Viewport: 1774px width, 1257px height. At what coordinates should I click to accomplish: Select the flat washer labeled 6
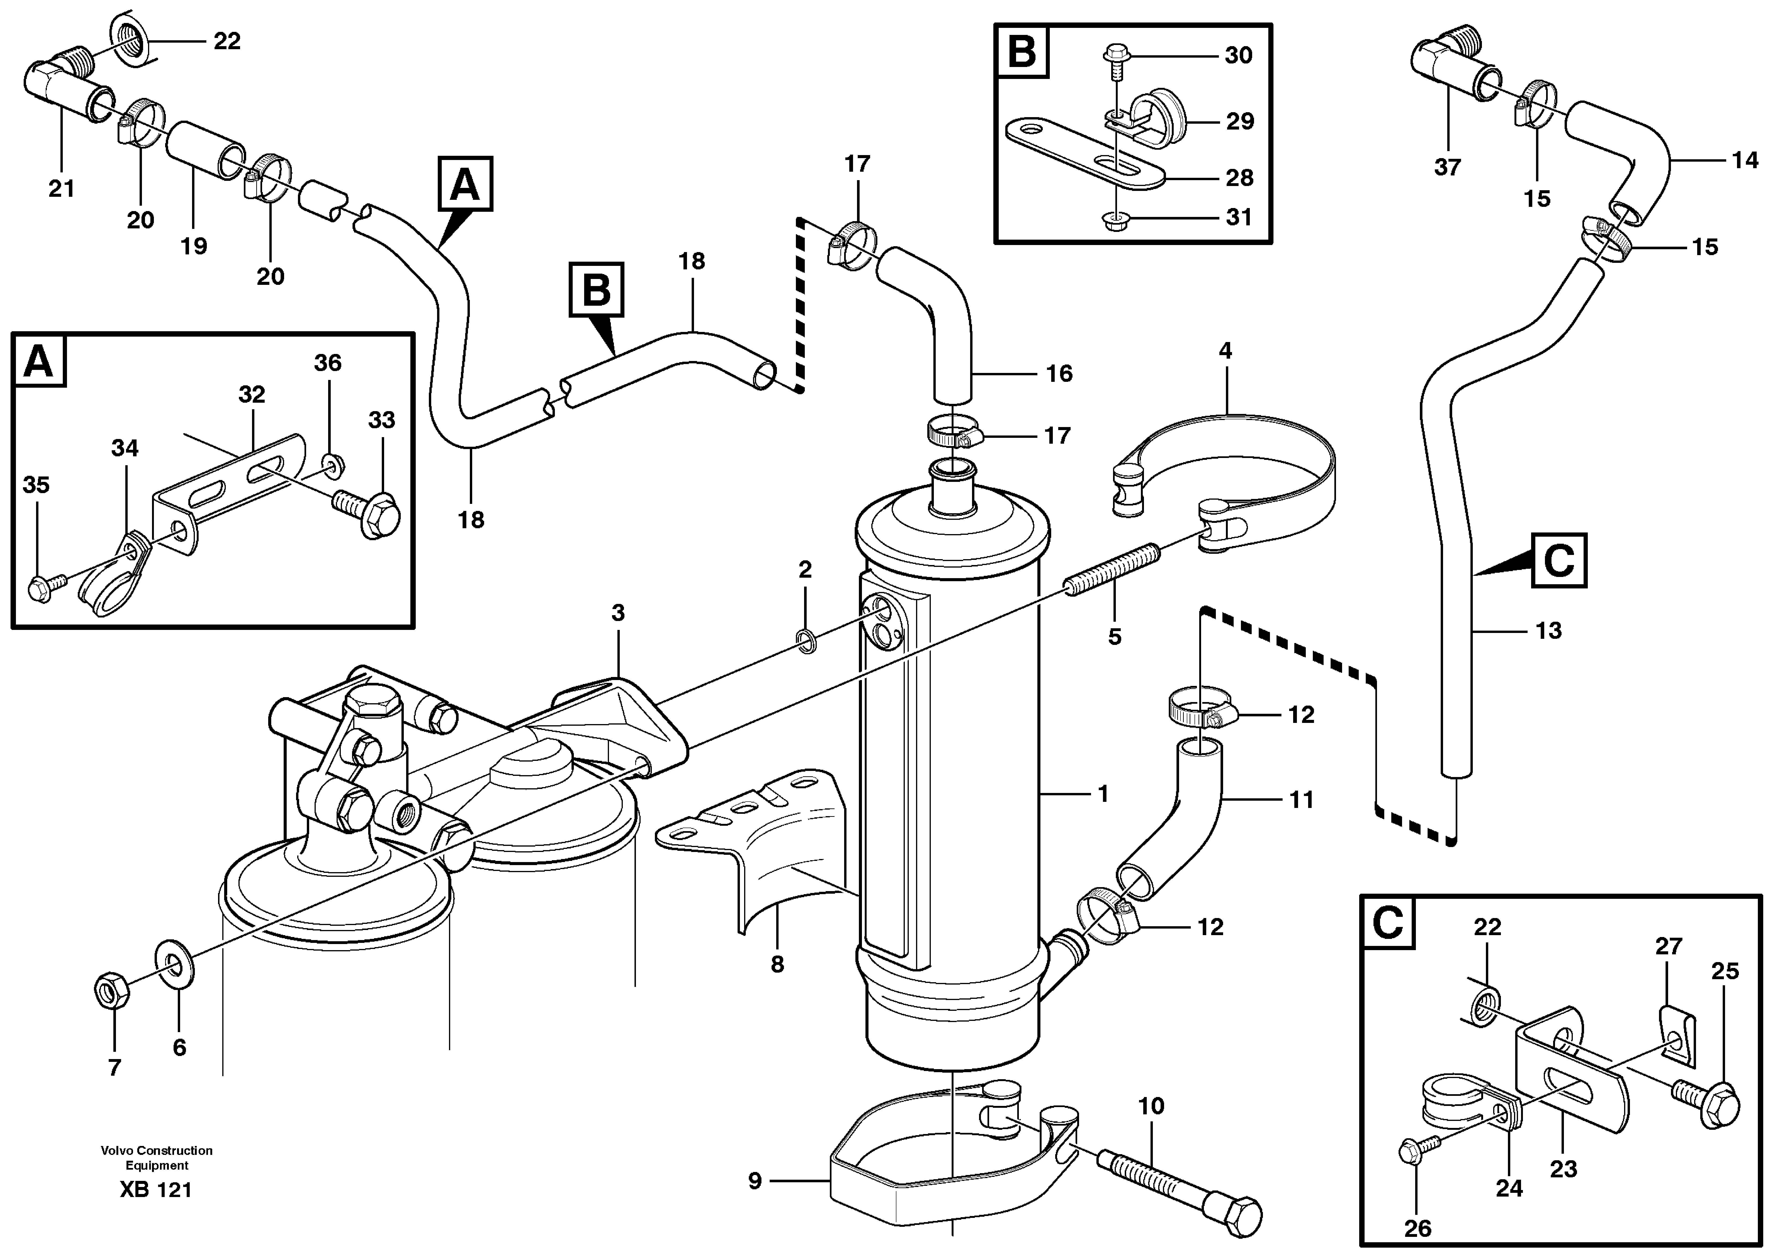(x=176, y=964)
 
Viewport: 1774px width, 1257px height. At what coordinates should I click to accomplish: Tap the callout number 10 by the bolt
(x=1151, y=1106)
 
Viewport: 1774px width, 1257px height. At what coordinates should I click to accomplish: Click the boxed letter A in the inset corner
(x=39, y=361)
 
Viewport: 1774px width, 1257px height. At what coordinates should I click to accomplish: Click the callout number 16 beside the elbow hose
(x=1059, y=374)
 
